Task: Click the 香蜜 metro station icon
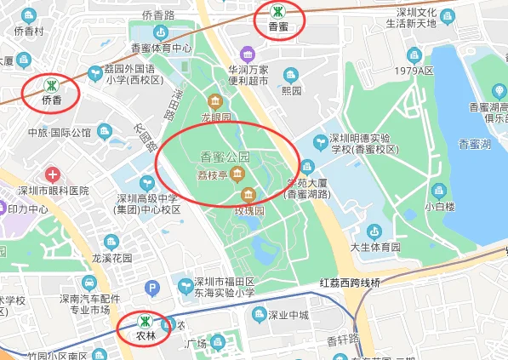tap(277, 12)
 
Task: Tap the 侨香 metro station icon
tap(52, 84)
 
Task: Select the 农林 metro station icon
tap(146, 321)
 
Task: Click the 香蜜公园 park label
tap(225, 157)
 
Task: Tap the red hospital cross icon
tap(53, 174)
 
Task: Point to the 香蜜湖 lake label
tap(474, 144)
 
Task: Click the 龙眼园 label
tap(216, 117)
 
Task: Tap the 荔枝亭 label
tap(211, 175)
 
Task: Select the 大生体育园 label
tap(375, 247)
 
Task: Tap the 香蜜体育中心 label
tap(161, 49)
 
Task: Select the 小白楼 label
tap(441, 206)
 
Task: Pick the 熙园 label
tap(292, 89)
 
